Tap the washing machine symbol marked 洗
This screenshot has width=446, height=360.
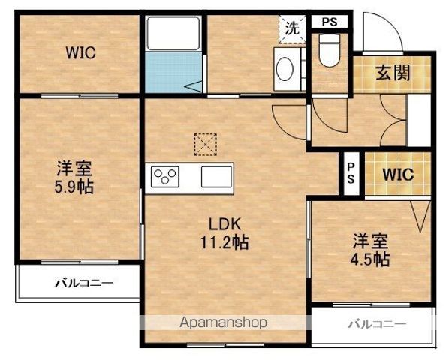pos(291,29)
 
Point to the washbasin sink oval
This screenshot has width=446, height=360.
pos(286,70)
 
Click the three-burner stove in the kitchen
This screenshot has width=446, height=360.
pos(166,178)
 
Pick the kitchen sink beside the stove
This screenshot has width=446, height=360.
pos(215,178)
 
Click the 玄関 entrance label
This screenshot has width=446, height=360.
pos(392,74)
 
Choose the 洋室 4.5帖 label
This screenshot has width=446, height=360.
pos(371,250)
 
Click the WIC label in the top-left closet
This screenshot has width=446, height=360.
pos(80,53)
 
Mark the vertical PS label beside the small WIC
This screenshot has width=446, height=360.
pos(351,174)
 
